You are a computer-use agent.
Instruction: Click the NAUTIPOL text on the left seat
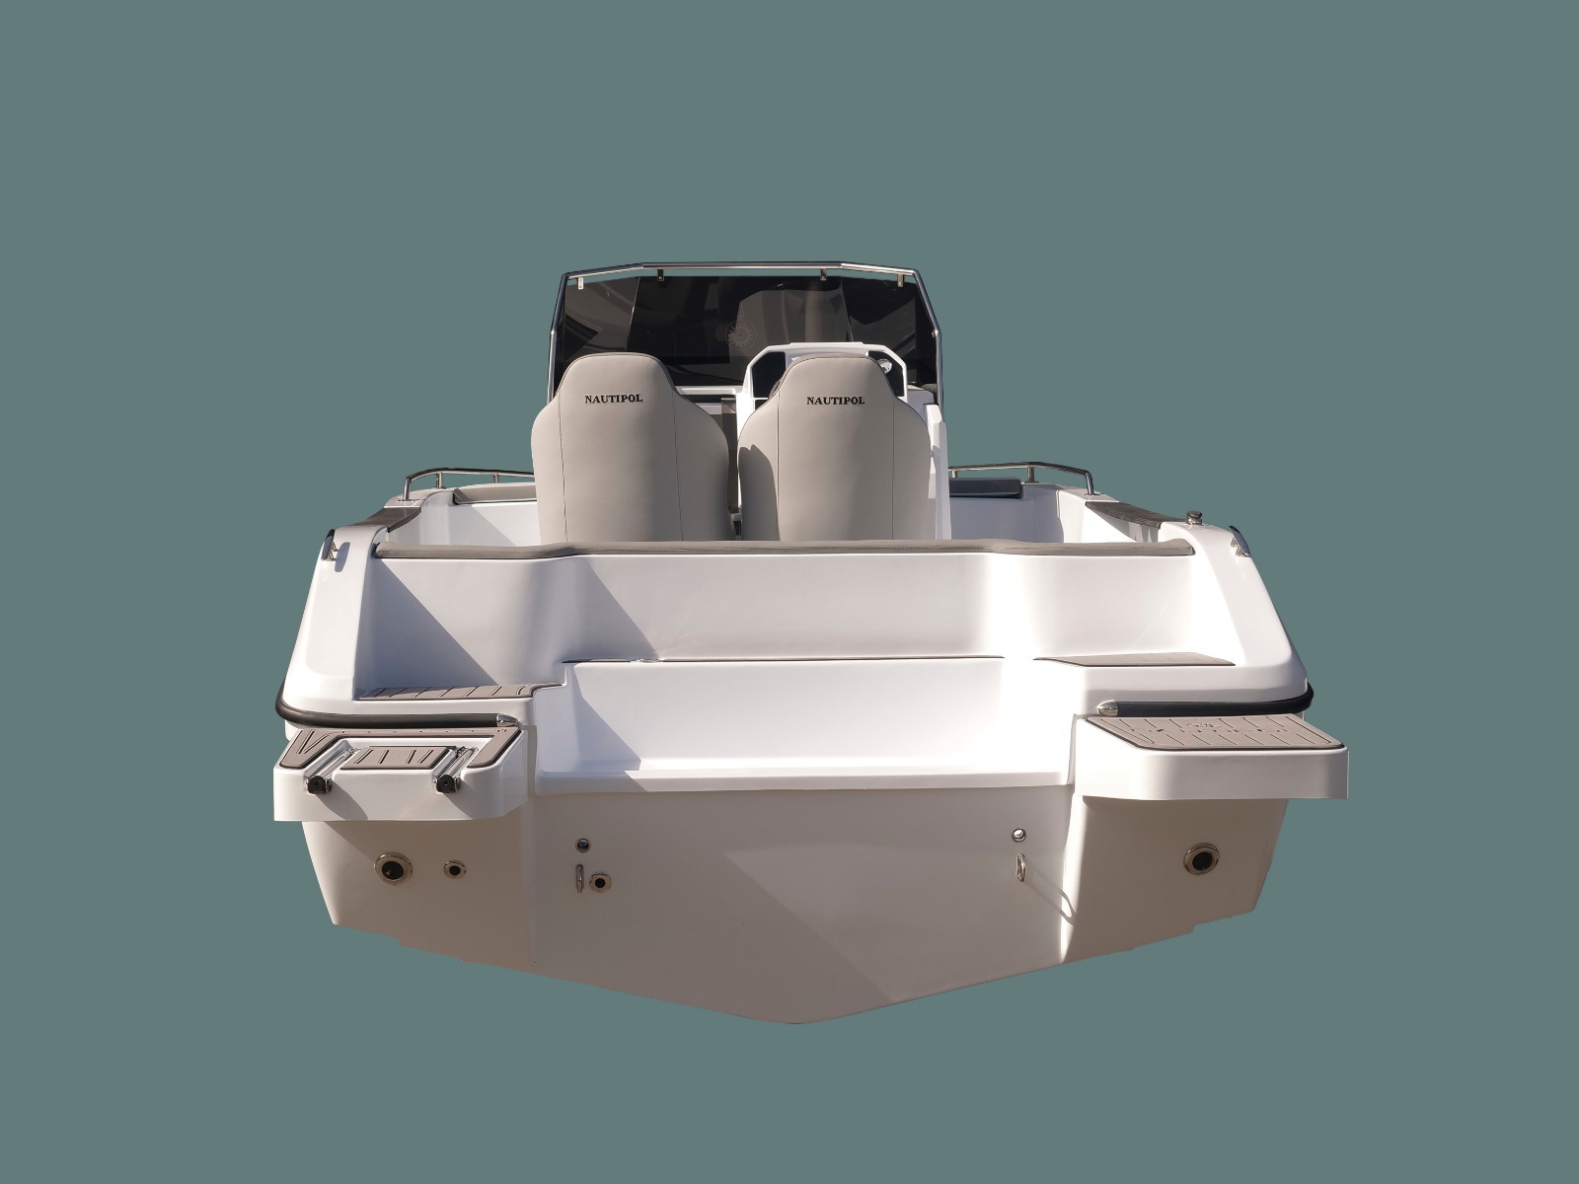[614, 399]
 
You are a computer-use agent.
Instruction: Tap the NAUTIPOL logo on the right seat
[835, 401]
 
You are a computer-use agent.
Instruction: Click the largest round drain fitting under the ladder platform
[393, 868]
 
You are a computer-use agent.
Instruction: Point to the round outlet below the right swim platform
[1201, 859]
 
